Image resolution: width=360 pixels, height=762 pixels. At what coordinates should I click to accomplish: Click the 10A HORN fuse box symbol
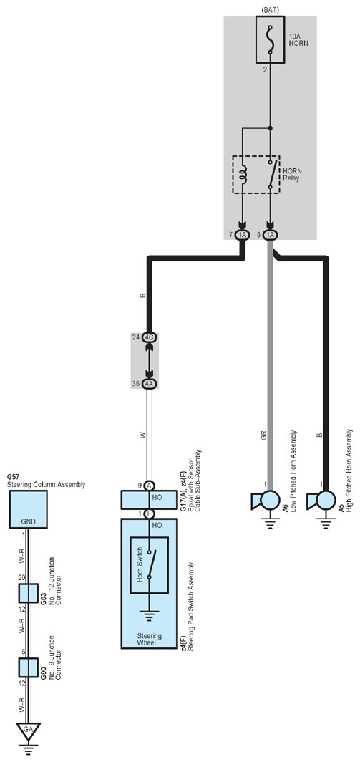271,39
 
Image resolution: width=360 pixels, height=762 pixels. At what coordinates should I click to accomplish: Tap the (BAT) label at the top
270,9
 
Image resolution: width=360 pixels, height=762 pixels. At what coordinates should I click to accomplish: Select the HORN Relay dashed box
256,175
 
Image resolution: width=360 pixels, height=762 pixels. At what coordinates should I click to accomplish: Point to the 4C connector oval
149,337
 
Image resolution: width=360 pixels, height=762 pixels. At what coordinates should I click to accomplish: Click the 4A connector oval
149,383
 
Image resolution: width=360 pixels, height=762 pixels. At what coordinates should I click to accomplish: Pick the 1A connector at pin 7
242,235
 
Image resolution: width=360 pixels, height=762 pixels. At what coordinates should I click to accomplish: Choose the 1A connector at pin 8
271,235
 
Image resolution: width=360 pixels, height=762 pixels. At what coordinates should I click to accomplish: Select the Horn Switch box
149,564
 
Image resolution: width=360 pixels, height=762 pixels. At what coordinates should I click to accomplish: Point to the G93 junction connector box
28,593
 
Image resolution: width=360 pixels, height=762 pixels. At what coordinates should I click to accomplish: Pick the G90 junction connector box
28,667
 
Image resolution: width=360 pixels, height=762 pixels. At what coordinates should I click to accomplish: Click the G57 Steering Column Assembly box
28,508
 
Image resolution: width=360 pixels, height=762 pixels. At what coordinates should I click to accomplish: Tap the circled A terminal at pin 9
149,485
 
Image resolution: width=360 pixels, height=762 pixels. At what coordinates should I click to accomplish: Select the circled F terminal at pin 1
149,513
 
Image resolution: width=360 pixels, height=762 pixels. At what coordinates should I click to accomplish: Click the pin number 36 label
135,383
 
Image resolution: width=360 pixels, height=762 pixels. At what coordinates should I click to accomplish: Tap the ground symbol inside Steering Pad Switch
149,616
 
